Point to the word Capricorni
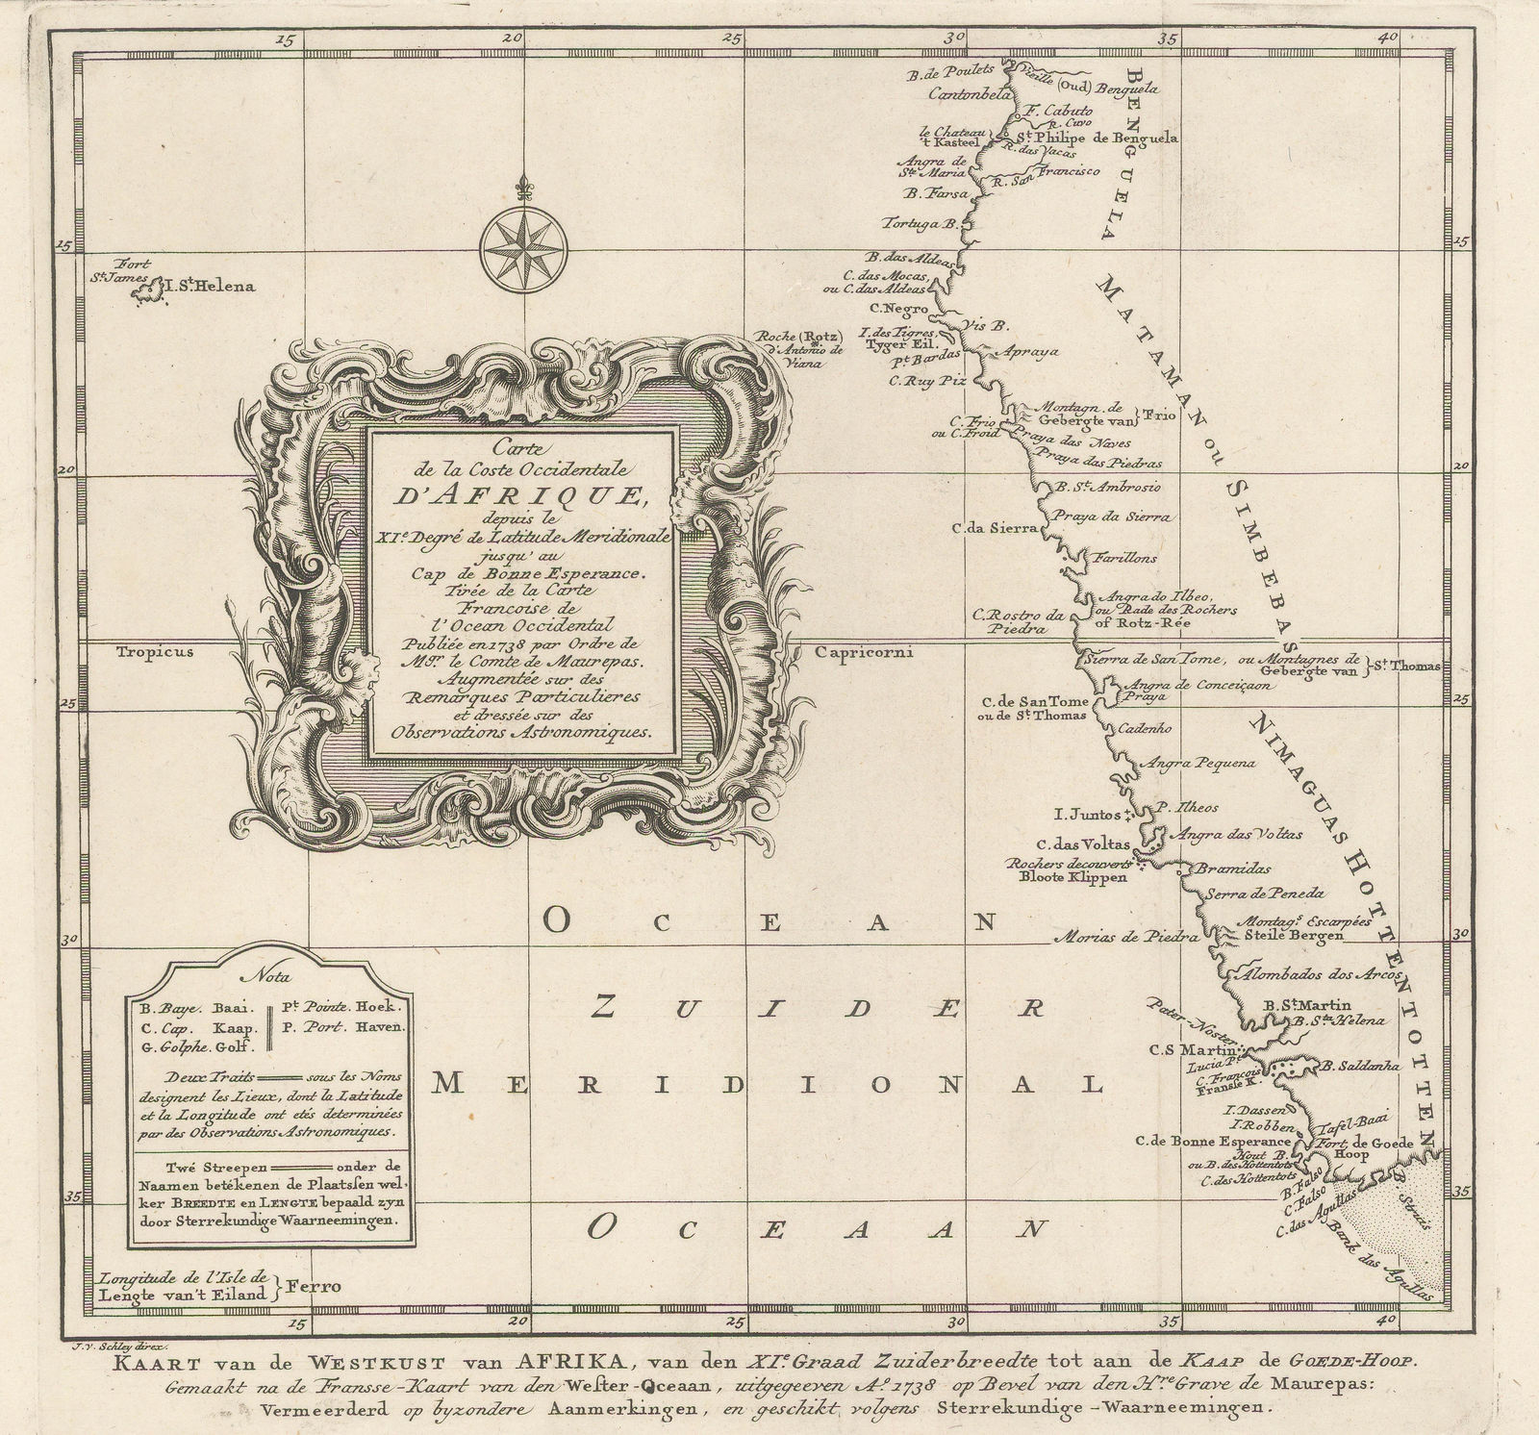(x=862, y=651)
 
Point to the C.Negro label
(x=898, y=309)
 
